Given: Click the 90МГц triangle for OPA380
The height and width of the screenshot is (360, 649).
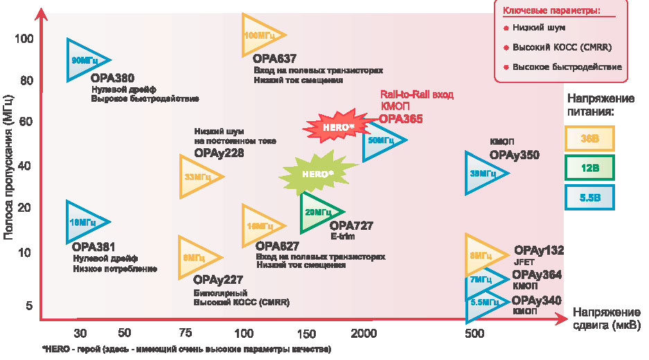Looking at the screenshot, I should pos(85,61).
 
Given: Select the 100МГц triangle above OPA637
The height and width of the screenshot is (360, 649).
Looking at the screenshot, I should pos(260,35).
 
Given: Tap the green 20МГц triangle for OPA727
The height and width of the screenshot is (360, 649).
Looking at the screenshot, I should pos(319,212).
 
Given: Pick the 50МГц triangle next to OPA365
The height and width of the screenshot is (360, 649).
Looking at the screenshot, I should pos(380,140).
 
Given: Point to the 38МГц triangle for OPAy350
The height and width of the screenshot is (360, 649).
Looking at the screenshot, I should pos(483,172).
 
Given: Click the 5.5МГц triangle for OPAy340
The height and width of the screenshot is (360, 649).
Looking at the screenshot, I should pos(483,303).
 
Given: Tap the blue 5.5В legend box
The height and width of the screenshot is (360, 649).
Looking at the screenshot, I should pos(589,197).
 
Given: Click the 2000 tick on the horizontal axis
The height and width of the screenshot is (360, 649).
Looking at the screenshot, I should pos(363,333).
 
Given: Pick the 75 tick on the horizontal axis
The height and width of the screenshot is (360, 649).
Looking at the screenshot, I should pos(186,333).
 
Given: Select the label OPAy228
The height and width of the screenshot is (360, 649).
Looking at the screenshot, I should pos(219,153).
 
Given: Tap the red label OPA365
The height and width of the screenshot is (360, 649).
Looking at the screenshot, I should pos(400,119).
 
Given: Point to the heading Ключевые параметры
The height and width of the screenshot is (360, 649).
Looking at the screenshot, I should pos(560,10).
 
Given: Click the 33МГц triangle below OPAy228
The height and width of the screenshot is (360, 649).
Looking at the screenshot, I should pos(197,177).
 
